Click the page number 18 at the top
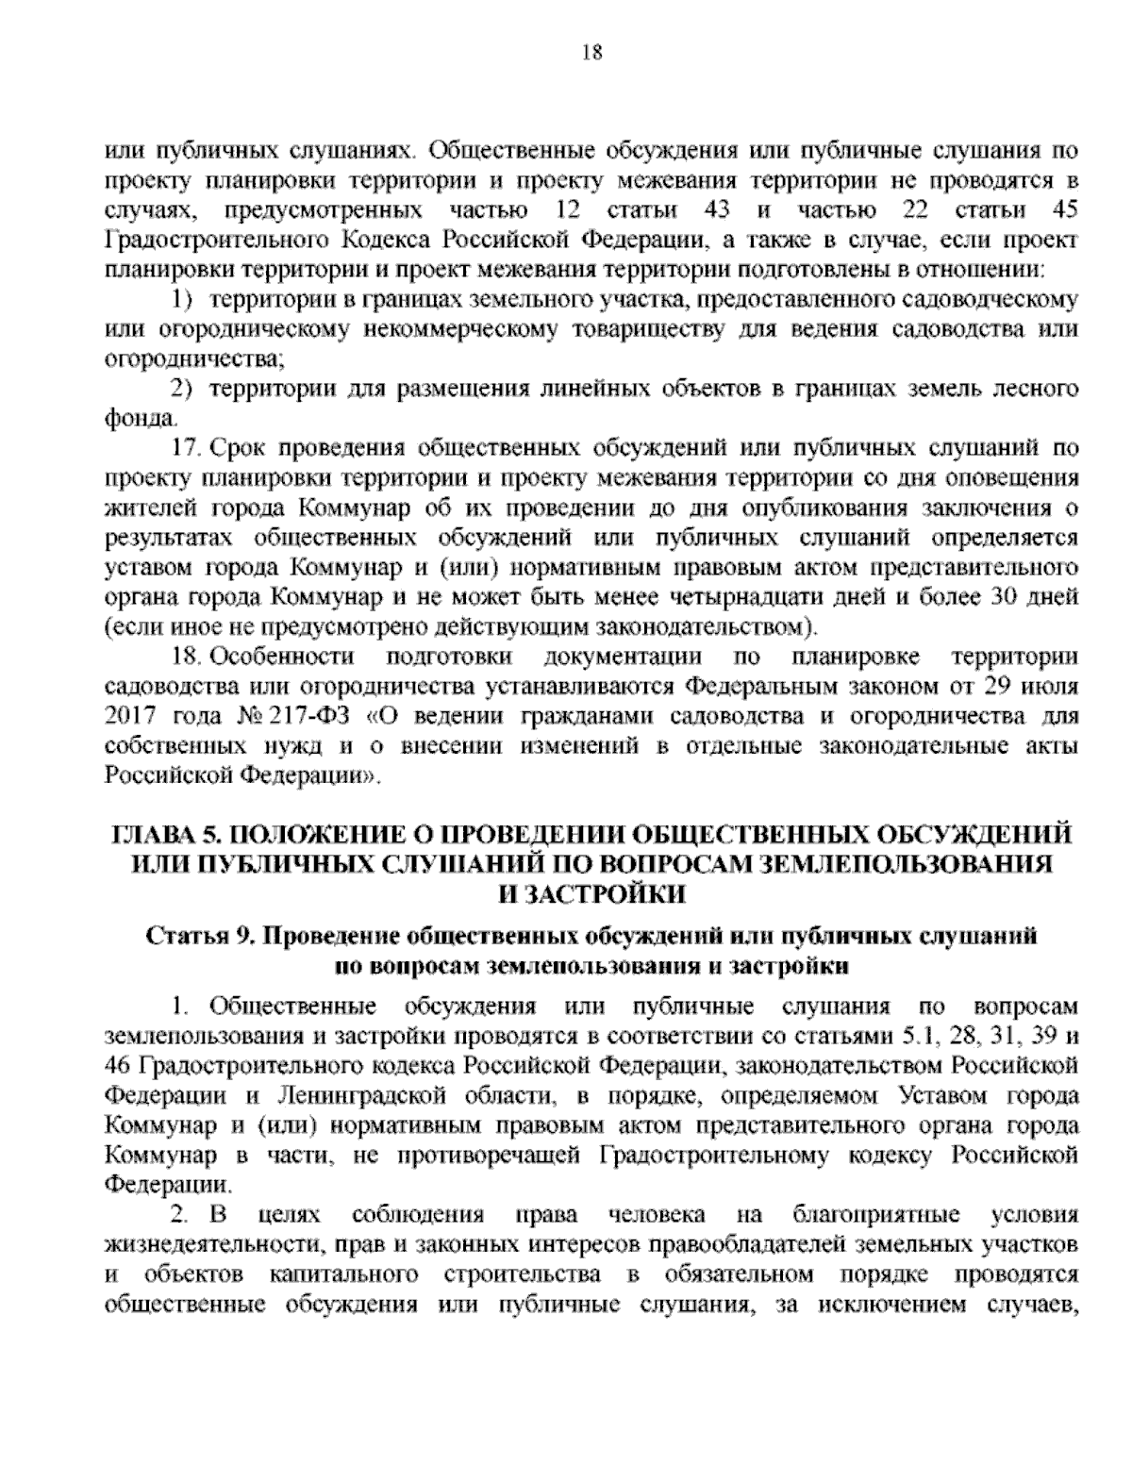click(x=566, y=52)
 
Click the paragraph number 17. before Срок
click(x=187, y=448)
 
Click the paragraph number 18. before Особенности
click(x=187, y=657)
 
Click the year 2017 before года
click(x=128, y=716)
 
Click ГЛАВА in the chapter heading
click(x=151, y=836)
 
